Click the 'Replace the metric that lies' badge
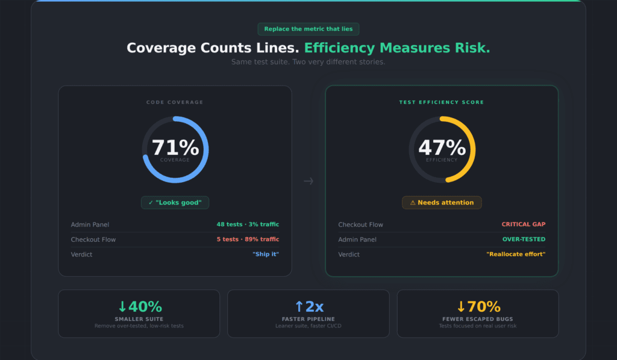coord(308,29)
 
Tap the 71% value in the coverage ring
coord(175,148)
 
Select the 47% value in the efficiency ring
coord(442,148)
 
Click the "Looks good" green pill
coord(175,203)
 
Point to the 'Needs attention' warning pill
coord(442,203)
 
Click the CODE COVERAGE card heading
coord(175,103)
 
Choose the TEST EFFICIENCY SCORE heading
coord(442,103)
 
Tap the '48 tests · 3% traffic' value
coord(248,224)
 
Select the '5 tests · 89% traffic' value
coord(248,239)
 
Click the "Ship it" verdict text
coord(265,254)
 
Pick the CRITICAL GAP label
coord(523,224)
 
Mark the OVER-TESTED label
coord(524,239)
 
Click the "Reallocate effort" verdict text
coord(515,254)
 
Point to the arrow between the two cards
coord(308,181)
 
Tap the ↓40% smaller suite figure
coord(139,307)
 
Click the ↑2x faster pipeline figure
coord(308,307)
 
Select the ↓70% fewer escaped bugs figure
coord(478,307)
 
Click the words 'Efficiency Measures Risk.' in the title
coord(396,48)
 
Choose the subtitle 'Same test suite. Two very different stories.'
coord(308,62)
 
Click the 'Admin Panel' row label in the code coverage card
coord(90,224)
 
